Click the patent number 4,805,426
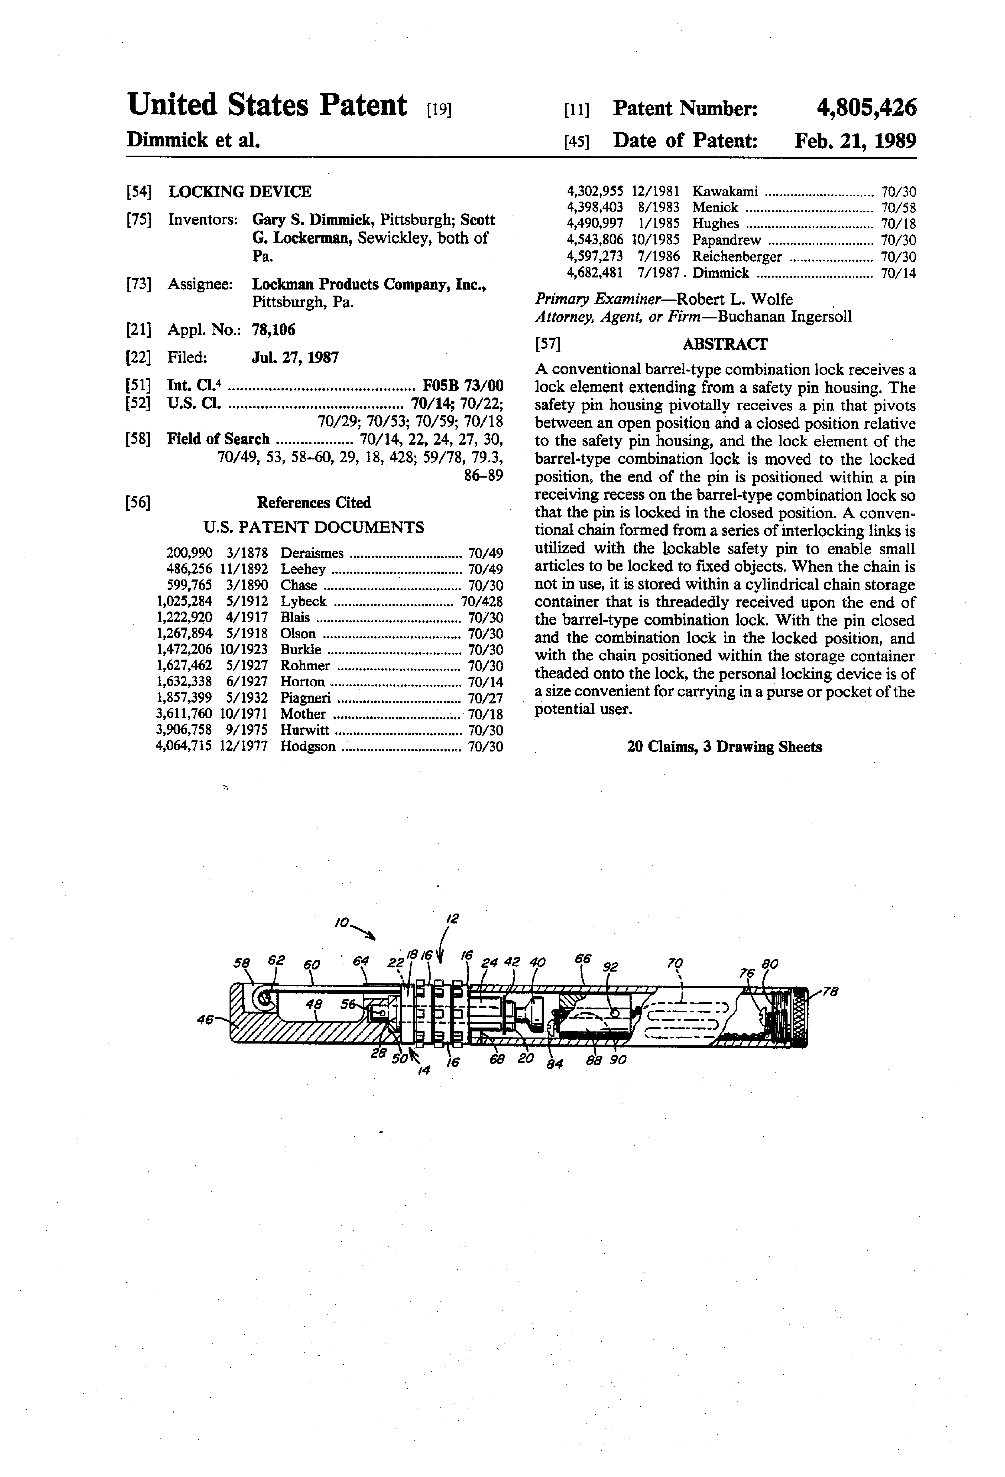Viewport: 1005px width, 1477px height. pyautogui.click(x=867, y=108)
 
